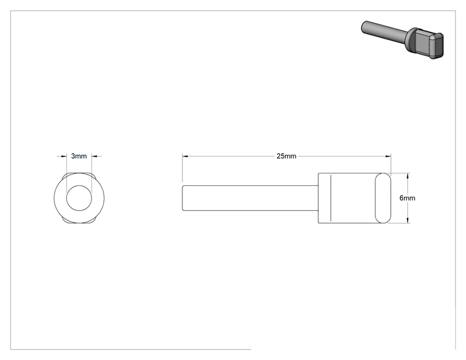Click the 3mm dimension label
click(x=79, y=156)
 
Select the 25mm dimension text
click(x=286, y=156)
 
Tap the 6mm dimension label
click(x=407, y=198)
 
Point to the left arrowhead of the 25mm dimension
click(x=185, y=156)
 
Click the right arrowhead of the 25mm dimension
click(x=388, y=156)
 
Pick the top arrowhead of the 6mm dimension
click(x=408, y=175)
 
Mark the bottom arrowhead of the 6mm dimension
click(x=408, y=220)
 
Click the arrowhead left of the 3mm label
click(x=64, y=156)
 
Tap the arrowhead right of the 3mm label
click(x=94, y=156)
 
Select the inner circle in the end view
click(x=79, y=186)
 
